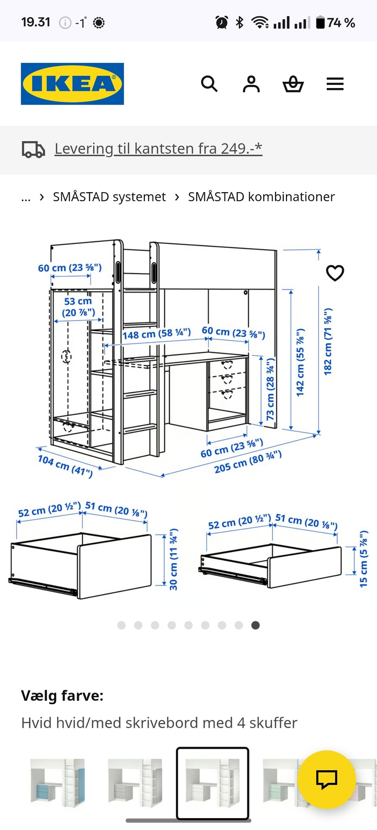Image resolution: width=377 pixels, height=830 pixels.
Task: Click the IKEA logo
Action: pos(72,84)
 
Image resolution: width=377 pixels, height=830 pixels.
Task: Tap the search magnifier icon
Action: pos(209,84)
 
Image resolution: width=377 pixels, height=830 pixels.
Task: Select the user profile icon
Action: pos(251,84)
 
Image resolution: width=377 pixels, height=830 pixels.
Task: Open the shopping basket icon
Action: pos(293,84)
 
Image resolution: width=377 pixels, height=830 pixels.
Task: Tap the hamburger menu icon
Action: pos(335,84)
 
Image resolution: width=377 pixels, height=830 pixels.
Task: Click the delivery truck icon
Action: pos(33,149)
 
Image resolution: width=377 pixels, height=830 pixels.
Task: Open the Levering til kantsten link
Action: pos(158,149)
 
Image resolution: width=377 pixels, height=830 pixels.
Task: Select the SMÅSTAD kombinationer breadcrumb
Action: pos(261,196)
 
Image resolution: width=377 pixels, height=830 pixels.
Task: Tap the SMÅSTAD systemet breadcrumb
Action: pos(109,196)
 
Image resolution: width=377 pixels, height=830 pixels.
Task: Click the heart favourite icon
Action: pos(335,273)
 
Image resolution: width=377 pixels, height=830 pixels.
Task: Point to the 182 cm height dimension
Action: pos(328,341)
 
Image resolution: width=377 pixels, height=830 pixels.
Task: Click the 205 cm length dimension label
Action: pos(248,462)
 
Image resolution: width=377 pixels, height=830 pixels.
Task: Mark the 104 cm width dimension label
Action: pos(65,466)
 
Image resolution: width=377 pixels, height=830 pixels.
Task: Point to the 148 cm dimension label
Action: pos(157,334)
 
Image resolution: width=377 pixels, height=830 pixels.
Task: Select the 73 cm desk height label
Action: pos(270,389)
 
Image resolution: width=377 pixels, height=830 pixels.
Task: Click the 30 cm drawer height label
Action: pos(173,559)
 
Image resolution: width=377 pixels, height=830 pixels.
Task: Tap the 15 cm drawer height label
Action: pos(364,559)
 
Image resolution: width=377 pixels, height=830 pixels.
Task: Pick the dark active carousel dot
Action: pos(255,625)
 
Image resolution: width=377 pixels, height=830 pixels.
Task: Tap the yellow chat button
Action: pos(327,779)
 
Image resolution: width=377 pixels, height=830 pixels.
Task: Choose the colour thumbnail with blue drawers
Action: pos(58,782)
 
